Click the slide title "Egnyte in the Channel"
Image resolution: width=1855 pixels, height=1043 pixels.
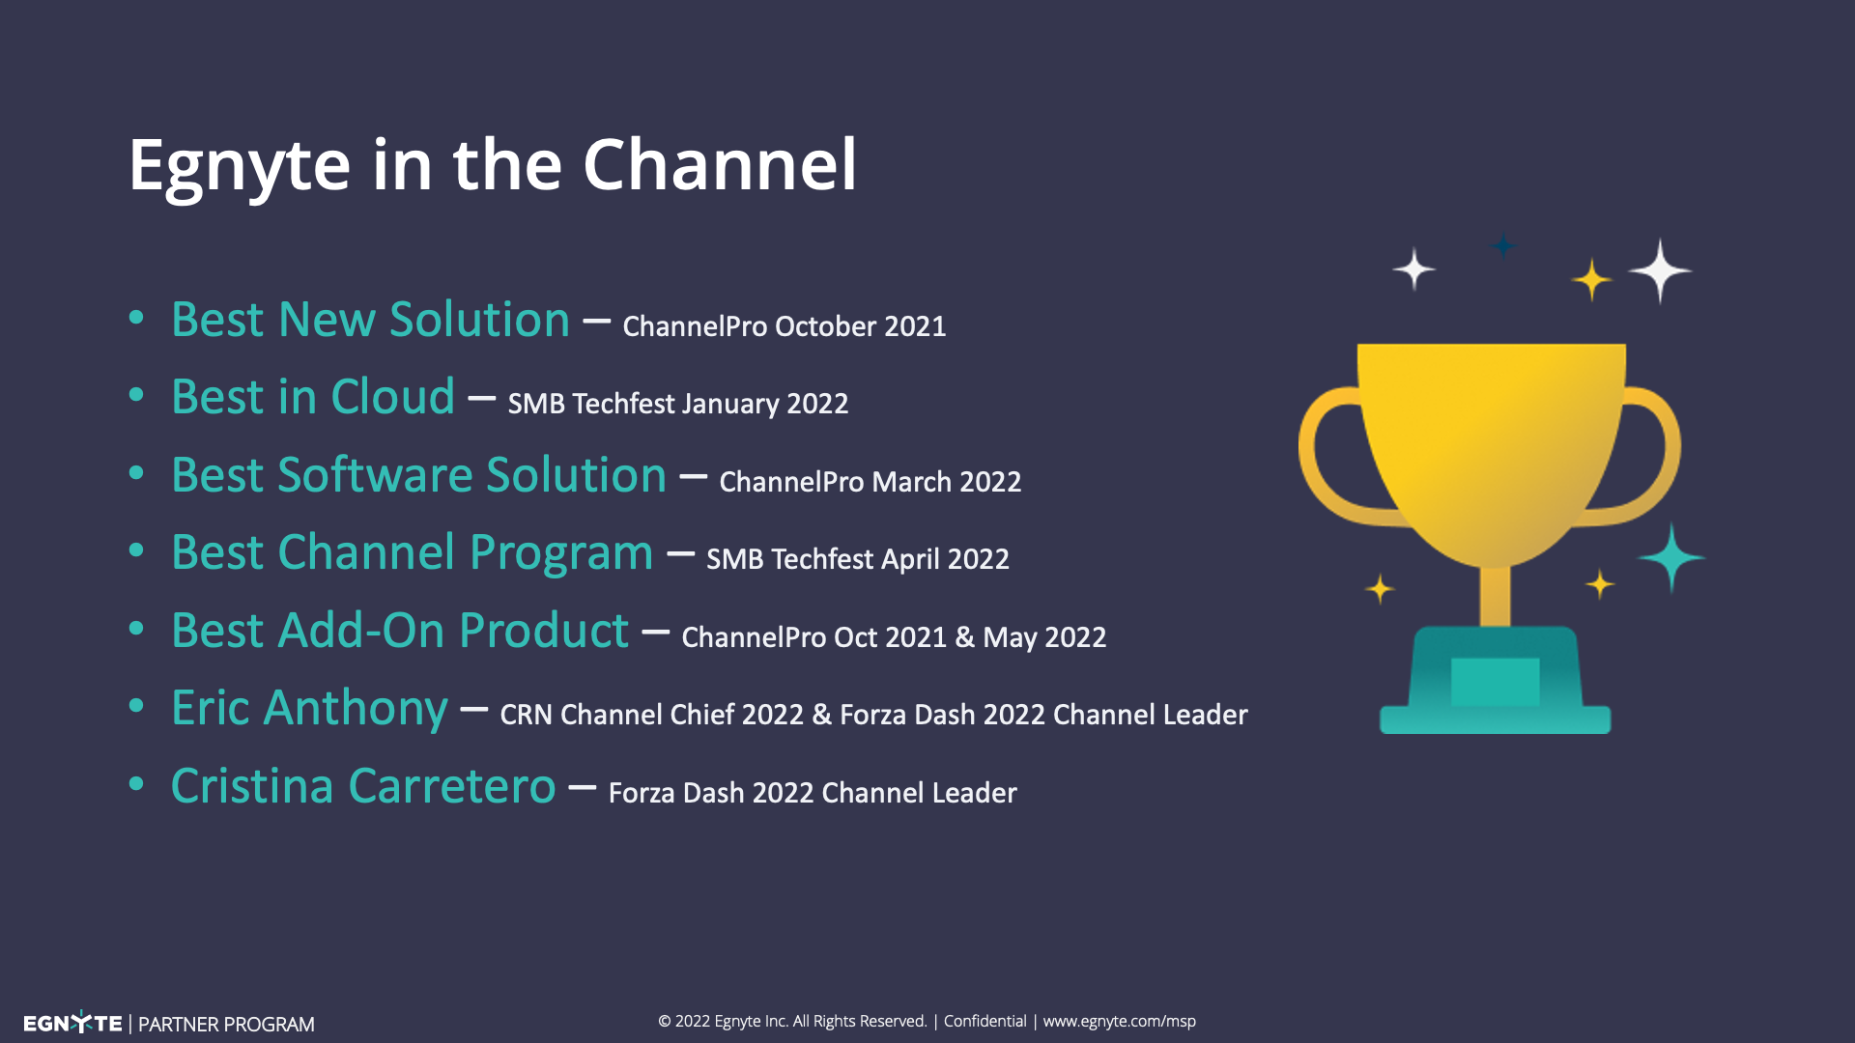click(x=493, y=166)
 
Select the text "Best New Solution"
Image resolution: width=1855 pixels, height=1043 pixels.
click(x=371, y=320)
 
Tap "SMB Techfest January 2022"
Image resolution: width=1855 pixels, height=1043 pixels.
click(x=678, y=404)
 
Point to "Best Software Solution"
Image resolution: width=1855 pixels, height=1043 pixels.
click(x=419, y=475)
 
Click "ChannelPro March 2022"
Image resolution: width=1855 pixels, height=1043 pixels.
click(x=870, y=481)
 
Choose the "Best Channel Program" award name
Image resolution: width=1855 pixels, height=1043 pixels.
click(x=413, y=553)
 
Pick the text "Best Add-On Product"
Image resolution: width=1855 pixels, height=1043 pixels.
click(x=400, y=631)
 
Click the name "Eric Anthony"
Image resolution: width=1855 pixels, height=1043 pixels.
click(x=309, y=709)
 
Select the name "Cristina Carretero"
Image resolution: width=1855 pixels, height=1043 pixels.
click(x=363, y=786)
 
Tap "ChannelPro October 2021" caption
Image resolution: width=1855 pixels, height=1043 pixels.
click(x=785, y=326)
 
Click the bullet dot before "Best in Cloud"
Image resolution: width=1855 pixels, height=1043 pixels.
click(x=136, y=395)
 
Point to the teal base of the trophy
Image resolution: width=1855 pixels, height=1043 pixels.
click(x=1495, y=680)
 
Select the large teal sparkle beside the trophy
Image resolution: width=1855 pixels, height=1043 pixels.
click(x=1671, y=557)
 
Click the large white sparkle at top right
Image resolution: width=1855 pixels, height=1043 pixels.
click(x=1660, y=271)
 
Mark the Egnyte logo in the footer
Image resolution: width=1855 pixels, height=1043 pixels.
click(x=72, y=1023)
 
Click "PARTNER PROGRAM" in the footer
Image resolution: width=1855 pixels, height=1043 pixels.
click(x=226, y=1024)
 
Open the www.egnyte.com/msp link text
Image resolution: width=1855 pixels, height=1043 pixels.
click(x=1120, y=1022)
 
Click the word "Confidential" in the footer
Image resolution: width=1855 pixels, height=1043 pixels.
click(x=985, y=1021)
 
